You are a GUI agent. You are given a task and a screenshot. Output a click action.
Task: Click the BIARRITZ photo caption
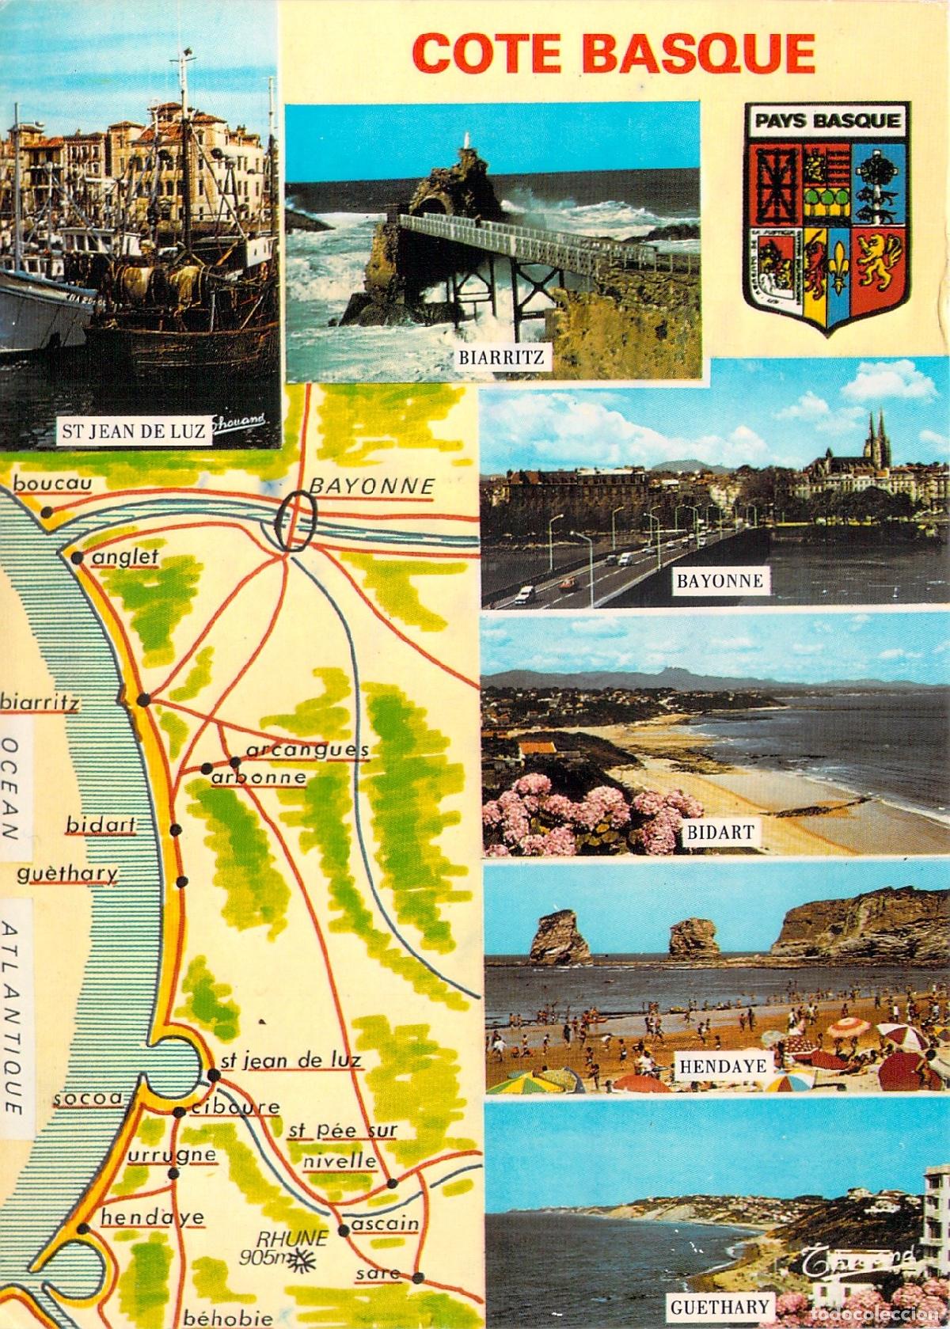pos(502,357)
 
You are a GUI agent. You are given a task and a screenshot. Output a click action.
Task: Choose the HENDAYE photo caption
pos(723,1066)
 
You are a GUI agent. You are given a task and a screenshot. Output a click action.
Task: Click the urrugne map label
pos(171,1155)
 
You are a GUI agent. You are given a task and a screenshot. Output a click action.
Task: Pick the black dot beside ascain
pos(344,1252)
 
